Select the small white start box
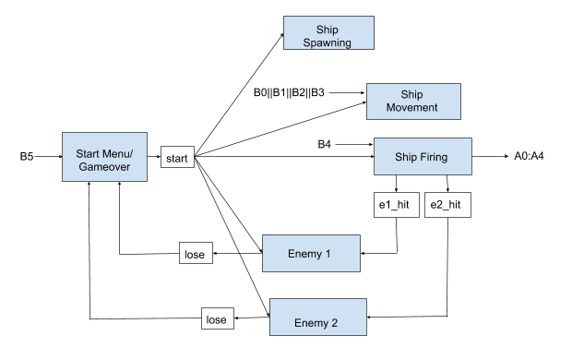[177, 158]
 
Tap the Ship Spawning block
[328, 33]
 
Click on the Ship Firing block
[423, 157]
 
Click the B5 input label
[28, 157]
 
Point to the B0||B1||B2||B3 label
[289, 92]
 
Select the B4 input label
[325, 144]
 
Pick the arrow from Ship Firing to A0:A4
[489, 157]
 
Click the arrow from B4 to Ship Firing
[353, 144]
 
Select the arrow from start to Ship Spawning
[240, 92]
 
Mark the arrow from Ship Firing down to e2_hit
[447, 185]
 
